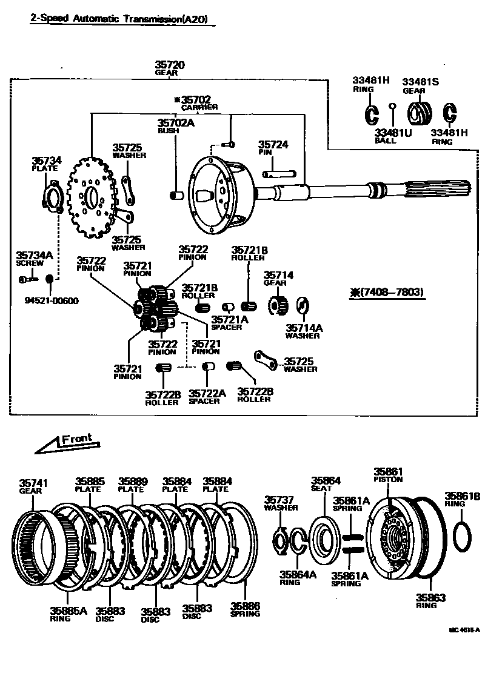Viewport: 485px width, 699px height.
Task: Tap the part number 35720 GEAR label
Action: (x=169, y=68)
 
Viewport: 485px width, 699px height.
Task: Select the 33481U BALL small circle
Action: (x=393, y=107)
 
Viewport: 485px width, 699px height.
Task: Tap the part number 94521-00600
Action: (x=52, y=301)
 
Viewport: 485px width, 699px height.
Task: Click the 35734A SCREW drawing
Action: (x=27, y=279)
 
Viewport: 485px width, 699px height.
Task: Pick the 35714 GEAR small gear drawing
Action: (x=278, y=304)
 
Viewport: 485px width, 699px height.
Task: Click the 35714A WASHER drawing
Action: (x=303, y=306)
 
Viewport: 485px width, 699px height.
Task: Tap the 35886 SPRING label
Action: (x=245, y=609)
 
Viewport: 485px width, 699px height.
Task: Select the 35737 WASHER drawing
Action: (x=279, y=540)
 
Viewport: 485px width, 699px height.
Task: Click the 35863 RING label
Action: (x=430, y=601)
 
